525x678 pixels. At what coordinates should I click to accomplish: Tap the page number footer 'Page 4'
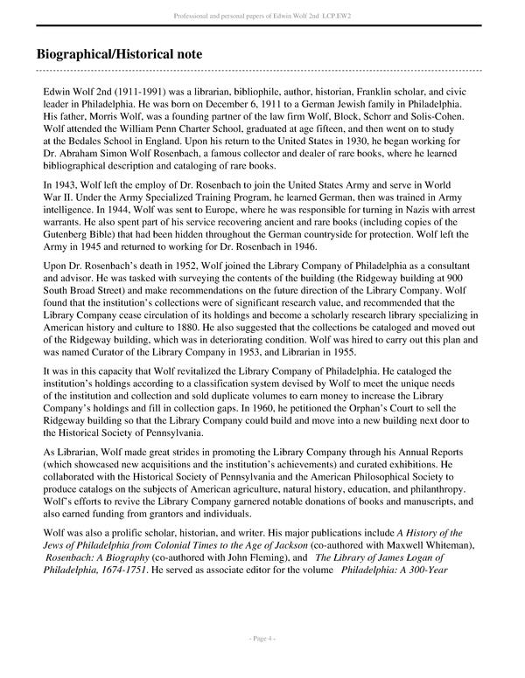(262, 639)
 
